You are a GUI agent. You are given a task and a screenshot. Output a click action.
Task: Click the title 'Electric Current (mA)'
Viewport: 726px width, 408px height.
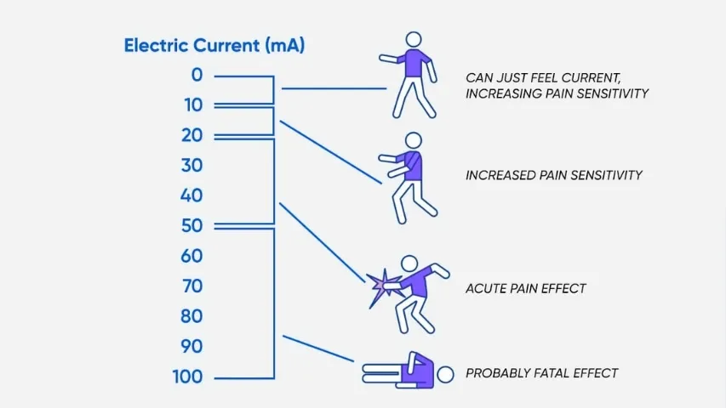pos(214,46)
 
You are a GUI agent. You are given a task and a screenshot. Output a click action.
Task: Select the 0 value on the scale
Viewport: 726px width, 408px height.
pos(197,75)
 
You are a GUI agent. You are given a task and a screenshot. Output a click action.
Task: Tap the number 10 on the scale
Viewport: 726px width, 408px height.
pos(193,105)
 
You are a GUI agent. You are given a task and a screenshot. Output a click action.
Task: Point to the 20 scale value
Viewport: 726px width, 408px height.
pos(192,135)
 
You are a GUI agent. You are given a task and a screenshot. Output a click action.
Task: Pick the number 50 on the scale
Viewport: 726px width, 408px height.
pos(192,226)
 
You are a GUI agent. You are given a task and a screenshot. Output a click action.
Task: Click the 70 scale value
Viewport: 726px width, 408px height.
pos(192,286)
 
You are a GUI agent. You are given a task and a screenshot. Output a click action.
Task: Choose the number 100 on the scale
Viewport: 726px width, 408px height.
pos(187,377)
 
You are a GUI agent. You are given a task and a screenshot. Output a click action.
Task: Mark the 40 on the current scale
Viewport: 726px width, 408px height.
pos(192,195)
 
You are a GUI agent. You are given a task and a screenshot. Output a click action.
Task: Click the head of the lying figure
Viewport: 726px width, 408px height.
pos(445,375)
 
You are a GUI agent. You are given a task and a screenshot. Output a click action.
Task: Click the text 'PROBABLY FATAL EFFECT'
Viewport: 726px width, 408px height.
pos(541,373)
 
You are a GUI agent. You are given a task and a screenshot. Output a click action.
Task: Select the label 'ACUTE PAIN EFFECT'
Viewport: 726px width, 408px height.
pos(526,289)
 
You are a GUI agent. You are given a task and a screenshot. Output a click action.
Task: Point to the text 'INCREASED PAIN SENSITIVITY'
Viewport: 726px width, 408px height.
pos(554,175)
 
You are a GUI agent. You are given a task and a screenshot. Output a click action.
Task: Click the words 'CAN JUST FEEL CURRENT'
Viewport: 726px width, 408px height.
pos(543,77)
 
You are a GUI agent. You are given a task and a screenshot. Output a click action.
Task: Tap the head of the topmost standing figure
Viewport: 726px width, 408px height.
pos(414,40)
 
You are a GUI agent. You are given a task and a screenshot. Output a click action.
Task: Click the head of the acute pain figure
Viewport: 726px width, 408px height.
pos(409,263)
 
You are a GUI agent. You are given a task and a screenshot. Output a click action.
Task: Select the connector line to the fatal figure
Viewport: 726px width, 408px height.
pos(318,348)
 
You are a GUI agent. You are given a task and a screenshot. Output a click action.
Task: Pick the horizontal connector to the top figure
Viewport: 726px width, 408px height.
pos(334,88)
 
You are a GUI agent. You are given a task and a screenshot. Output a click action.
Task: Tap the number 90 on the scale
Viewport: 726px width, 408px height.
pos(192,347)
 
